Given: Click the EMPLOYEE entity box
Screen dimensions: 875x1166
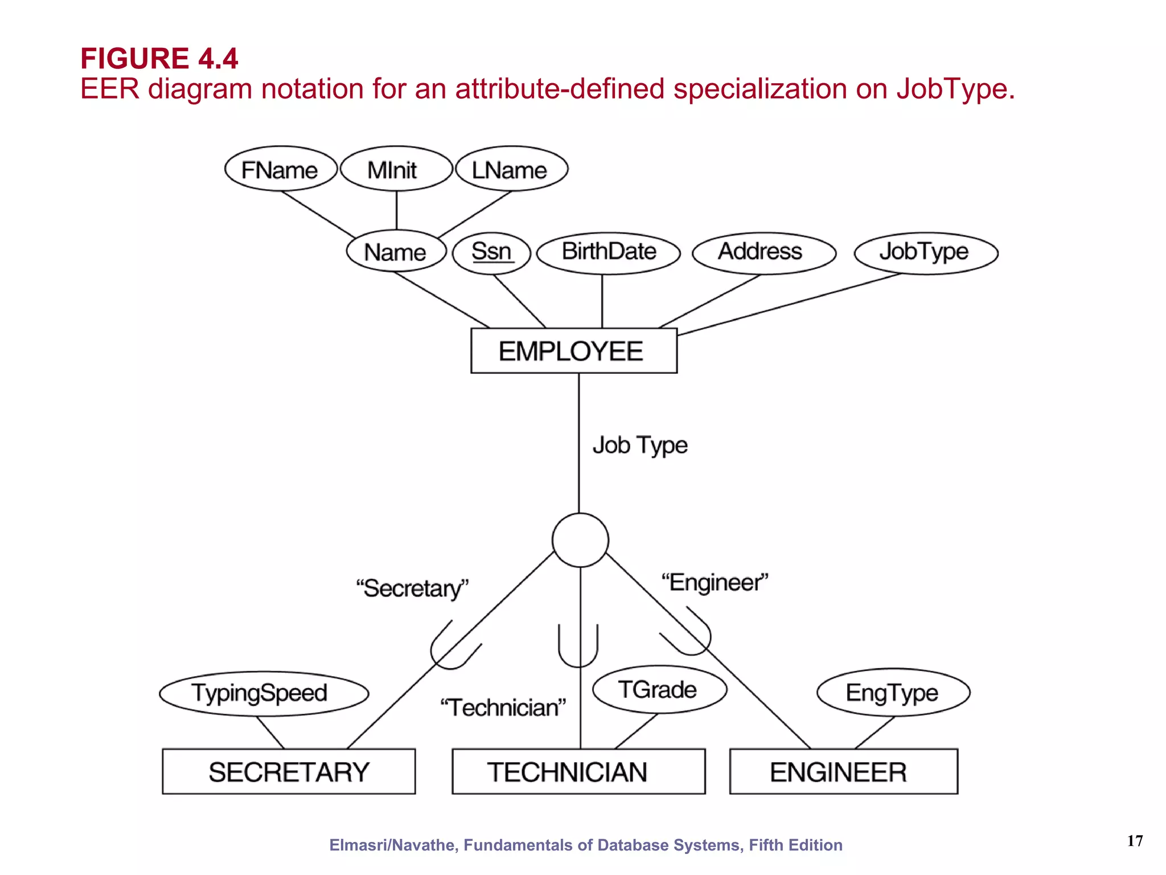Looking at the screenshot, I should click(x=573, y=350).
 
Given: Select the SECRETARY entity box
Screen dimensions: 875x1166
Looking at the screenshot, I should click(x=289, y=771).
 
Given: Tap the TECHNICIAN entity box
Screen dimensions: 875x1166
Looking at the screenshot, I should click(x=578, y=771).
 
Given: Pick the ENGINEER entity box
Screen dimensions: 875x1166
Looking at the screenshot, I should click(x=843, y=771).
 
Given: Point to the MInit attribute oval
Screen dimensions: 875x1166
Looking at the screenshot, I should click(x=396, y=169).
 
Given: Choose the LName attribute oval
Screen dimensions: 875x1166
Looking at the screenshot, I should click(x=511, y=169).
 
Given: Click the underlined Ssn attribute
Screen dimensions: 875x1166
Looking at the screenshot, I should click(x=491, y=252).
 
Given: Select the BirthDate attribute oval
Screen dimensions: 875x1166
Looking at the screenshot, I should click(x=608, y=252).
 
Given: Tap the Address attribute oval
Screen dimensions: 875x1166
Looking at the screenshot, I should click(x=763, y=252).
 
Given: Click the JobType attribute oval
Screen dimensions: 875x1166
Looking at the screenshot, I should click(x=926, y=252).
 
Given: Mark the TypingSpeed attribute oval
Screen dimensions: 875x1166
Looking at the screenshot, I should click(x=264, y=693).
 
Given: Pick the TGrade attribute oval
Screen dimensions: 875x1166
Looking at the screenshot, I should click(x=659, y=689).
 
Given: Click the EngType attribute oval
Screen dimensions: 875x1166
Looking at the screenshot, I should click(x=893, y=692).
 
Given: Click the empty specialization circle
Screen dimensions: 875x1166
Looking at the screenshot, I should click(x=580, y=540).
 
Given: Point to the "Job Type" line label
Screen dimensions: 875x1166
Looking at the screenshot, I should click(x=640, y=445).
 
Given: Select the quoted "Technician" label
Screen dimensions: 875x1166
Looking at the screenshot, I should click(x=503, y=708).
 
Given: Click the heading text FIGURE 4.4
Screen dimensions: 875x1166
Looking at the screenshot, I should click(x=159, y=58).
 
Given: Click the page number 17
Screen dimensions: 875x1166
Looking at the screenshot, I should click(x=1135, y=841).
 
